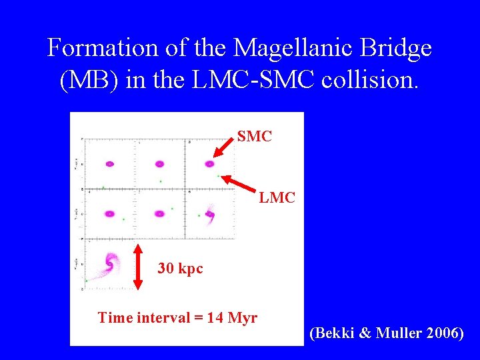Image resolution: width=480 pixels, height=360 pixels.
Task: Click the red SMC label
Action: point(255,137)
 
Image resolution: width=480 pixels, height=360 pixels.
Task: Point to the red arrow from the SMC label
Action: point(225,148)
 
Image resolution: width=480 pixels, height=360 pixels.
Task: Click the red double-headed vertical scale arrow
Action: point(139,267)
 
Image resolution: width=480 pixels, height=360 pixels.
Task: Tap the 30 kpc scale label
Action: point(180,269)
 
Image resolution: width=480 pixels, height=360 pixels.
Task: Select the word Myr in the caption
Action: point(242,317)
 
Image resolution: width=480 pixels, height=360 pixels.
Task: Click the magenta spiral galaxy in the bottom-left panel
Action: point(108,264)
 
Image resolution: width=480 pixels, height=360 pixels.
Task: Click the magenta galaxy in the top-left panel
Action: point(109,163)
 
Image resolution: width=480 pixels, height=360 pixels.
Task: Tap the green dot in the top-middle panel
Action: point(161,181)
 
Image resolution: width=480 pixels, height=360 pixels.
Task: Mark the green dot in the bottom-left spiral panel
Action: point(87,281)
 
